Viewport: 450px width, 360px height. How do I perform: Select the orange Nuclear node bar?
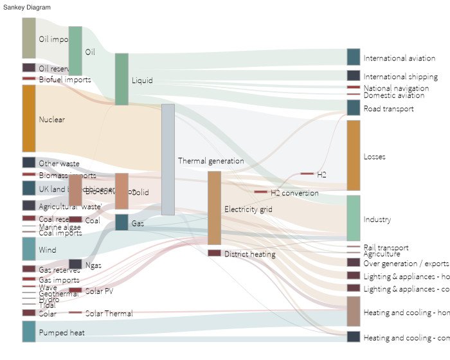tap(29, 118)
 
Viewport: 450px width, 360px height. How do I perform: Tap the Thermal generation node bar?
tap(168, 159)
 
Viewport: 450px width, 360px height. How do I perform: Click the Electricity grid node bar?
tap(214, 208)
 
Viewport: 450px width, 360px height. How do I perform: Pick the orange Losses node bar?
tap(354, 155)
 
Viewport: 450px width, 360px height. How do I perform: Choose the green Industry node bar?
tap(354, 218)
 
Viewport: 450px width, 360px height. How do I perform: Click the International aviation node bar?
tap(354, 57)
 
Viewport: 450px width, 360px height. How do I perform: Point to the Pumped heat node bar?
tap(29, 331)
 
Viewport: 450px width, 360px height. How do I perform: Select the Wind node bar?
tap(29, 249)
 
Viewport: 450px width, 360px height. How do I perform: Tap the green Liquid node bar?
tap(122, 79)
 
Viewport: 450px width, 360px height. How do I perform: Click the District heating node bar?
tap(214, 253)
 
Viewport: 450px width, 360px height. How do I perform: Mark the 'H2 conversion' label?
tap(294, 193)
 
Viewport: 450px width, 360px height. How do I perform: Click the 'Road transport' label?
tap(388, 109)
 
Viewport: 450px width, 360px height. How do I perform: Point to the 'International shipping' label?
tap(401, 77)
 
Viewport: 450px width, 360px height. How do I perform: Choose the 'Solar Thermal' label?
tap(109, 314)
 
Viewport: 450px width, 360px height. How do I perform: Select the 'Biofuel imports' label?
tap(64, 80)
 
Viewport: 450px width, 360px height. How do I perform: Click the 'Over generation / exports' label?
tap(406, 264)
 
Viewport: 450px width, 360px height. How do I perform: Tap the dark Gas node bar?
tap(122, 222)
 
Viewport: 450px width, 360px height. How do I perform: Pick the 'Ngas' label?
tap(93, 265)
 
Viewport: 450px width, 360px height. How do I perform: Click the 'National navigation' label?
tap(396, 88)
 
